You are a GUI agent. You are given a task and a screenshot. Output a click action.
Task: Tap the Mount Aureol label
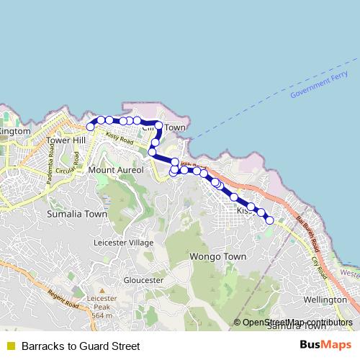pos(116,170)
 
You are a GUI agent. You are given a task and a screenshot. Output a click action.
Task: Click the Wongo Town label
pos(217,256)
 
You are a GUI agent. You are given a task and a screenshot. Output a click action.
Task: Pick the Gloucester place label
pos(144,279)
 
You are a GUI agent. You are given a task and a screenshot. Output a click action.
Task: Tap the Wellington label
pos(325,299)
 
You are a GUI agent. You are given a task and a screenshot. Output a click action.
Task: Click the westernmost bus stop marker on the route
pos(91,127)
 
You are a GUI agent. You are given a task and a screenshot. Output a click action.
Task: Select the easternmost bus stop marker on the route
pos(269,220)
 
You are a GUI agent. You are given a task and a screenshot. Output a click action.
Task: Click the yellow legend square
pos(10,346)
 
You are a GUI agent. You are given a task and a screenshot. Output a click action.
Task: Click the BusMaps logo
pos(325,345)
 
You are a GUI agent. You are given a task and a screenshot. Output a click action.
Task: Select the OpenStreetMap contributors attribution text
pos(298,323)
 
